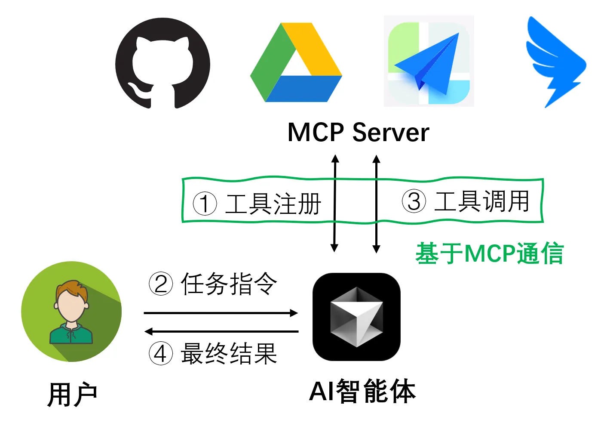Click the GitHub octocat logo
coord(162,63)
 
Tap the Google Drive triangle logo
coord(296,63)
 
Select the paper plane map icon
coord(429,61)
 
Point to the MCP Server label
coord(358,132)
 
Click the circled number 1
coord(205,204)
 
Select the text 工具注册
coord(273,204)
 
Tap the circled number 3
coord(414,201)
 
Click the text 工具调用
coord(482,201)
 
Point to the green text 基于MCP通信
coord(489,253)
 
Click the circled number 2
coord(161,284)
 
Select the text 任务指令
coord(229,284)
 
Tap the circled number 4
coord(161,354)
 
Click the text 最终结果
coord(229,354)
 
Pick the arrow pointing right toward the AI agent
coord(221,313)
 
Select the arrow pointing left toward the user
coord(221,331)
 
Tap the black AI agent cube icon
coord(356,317)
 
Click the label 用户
coord(72,394)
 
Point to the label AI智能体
coord(362,392)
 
